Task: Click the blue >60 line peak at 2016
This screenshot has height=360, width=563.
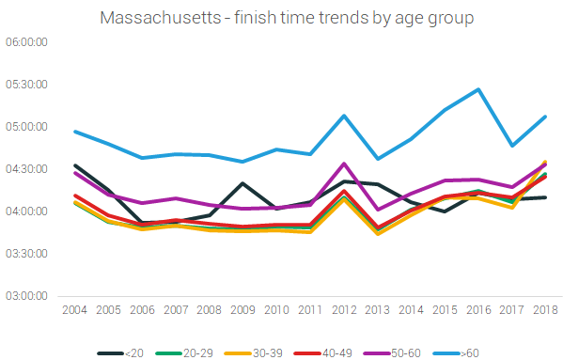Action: tap(478, 89)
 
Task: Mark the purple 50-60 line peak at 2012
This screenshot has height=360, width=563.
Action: tap(344, 164)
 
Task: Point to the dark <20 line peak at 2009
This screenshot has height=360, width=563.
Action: tap(242, 183)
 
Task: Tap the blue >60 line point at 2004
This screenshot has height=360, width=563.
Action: tap(74, 132)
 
